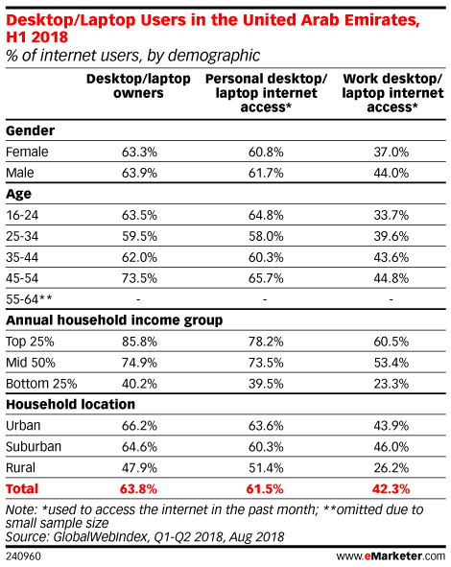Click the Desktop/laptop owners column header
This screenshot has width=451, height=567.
(138, 85)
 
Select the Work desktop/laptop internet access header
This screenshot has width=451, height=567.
(392, 93)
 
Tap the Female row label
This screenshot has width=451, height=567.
(27, 152)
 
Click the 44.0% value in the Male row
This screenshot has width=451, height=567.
(392, 173)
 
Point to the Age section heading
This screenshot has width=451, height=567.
(18, 194)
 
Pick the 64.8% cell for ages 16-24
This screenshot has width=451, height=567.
(266, 215)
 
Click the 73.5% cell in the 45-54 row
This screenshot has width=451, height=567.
(139, 278)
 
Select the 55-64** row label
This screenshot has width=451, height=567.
(29, 299)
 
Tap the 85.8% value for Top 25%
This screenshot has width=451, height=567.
(139, 342)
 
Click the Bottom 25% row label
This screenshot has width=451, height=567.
(41, 384)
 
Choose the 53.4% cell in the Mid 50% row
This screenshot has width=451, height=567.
(392, 363)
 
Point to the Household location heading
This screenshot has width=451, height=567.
(70, 404)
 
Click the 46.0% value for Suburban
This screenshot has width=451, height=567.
(392, 447)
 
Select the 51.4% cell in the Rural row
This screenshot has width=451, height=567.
(266, 468)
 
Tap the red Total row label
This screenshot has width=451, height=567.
(22, 489)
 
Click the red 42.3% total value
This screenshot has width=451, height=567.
(391, 489)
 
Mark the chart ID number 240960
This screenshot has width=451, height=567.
(23, 556)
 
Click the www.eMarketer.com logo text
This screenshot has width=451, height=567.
(391, 555)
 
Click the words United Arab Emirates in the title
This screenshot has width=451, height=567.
(331, 20)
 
